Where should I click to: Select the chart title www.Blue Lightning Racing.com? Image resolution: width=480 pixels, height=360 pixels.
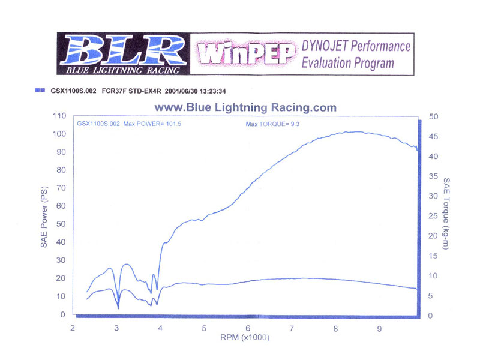[x=245, y=108]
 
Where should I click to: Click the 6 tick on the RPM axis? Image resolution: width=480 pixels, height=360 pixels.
[x=248, y=329]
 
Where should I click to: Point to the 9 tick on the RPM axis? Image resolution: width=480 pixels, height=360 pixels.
[x=379, y=329]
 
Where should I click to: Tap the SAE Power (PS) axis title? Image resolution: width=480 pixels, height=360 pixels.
[x=44, y=215]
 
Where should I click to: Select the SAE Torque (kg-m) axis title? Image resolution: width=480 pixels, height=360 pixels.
[x=447, y=215]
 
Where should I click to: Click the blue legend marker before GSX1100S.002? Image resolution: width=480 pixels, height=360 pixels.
[x=40, y=91]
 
